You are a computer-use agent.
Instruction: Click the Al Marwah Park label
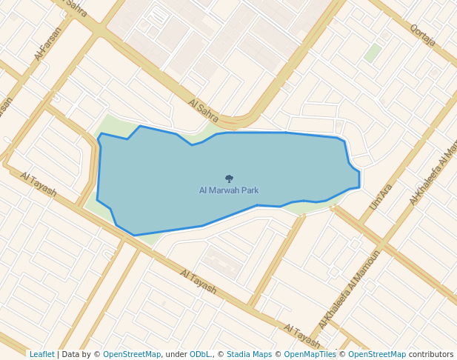(229, 190)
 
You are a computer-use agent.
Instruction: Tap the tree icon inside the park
(229, 179)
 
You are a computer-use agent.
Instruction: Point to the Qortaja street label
(422, 35)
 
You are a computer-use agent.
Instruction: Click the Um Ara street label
(380, 196)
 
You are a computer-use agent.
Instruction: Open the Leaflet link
(41, 354)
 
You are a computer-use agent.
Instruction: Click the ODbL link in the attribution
(200, 354)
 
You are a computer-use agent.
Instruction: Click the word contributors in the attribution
(430, 354)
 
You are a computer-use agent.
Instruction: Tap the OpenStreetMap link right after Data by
(132, 354)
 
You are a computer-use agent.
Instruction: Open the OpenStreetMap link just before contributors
(377, 354)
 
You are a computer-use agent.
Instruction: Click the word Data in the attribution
(72, 354)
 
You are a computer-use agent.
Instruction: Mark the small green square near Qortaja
(373, 53)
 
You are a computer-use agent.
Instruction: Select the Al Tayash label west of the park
(39, 184)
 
